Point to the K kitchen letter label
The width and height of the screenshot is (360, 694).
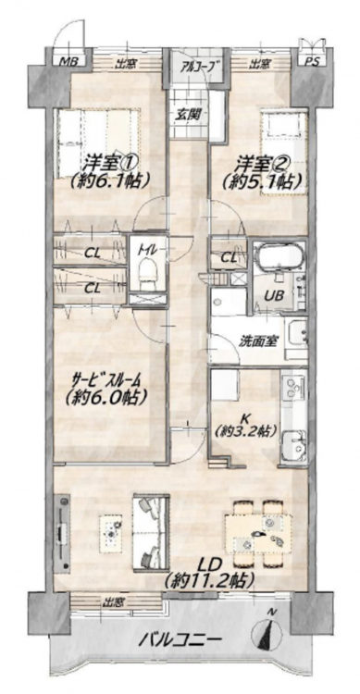[x=243, y=418]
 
